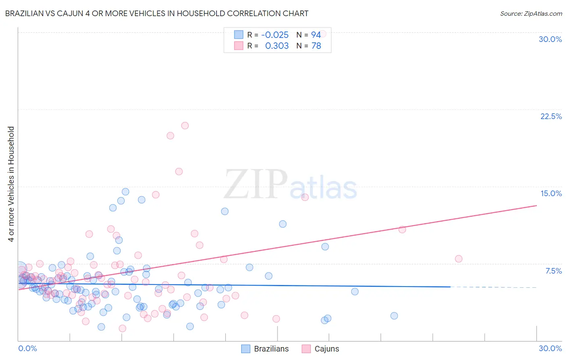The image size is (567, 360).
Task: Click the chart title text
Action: pyautogui.click(x=156, y=13)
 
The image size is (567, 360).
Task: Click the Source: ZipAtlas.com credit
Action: pyautogui.click(x=531, y=13)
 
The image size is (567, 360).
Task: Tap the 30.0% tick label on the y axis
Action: pyautogui.click(x=550, y=39)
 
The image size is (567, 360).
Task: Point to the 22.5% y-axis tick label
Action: pyautogui.click(x=551, y=116)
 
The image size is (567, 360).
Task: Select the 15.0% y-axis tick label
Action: pyautogui.click(x=551, y=193)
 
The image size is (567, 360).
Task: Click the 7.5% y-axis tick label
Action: pyautogui.click(x=553, y=271)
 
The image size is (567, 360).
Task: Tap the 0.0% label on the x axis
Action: pyautogui.click(x=27, y=348)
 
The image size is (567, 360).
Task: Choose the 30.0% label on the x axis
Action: pyautogui.click(x=550, y=348)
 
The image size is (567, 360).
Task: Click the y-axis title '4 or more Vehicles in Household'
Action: pyautogui.click(x=11, y=184)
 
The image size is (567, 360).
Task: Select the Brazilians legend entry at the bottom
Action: pyautogui.click(x=271, y=349)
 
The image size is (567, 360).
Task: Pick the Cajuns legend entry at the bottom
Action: pyautogui.click(x=326, y=349)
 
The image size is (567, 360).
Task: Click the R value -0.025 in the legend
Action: pyautogui.click(x=275, y=35)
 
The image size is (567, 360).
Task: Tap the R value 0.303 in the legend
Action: pyautogui.click(x=277, y=46)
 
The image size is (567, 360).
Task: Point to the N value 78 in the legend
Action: pyautogui.click(x=316, y=46)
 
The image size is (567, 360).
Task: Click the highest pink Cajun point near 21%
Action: pyautogui.click(x=185, y=126)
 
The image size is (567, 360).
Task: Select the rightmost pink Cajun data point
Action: pyautogui.click(x=459, y=259)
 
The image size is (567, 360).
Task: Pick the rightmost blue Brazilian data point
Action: pyautogui.click(x=394, y=316)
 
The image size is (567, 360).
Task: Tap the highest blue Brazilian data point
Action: pyautogui.click(x=125, y=192)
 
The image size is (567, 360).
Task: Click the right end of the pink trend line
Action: pyautogui.click(x=536, y=205)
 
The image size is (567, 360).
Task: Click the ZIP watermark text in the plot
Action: pyautogui.click(x=256, y=184)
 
